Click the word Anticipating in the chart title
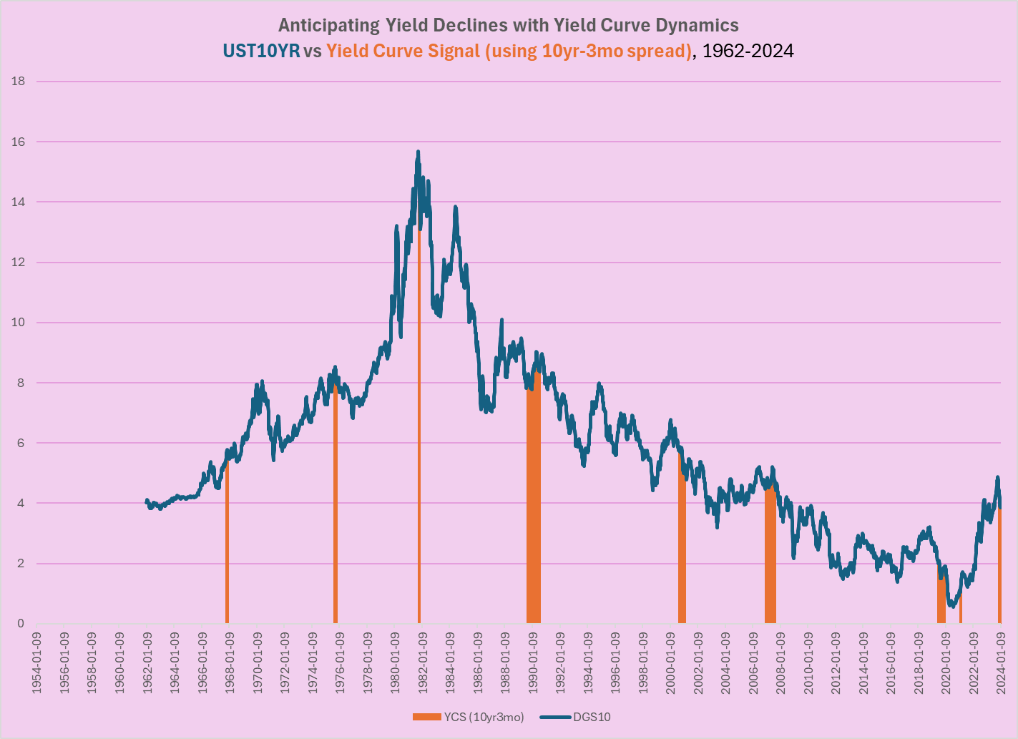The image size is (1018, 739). pos(328,26)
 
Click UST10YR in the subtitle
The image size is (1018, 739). pos(261,51)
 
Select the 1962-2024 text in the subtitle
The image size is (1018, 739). pos(748,51)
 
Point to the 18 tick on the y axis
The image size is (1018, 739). pos(19,82)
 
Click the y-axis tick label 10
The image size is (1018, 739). pos(19,323)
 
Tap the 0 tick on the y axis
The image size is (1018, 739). pos(21,624)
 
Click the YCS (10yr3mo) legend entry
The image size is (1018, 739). pos(469,717)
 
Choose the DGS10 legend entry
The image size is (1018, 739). pos(575,717)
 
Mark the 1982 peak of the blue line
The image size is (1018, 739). pos(418,152)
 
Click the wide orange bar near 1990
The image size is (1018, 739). pos(533,501)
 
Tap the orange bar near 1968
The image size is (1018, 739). pos(227,544)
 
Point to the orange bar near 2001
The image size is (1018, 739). pos(682,544)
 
